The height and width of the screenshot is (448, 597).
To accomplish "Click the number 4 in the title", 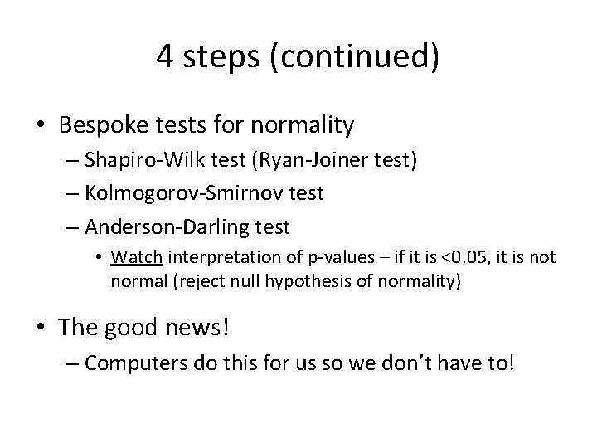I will click(164, 57).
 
